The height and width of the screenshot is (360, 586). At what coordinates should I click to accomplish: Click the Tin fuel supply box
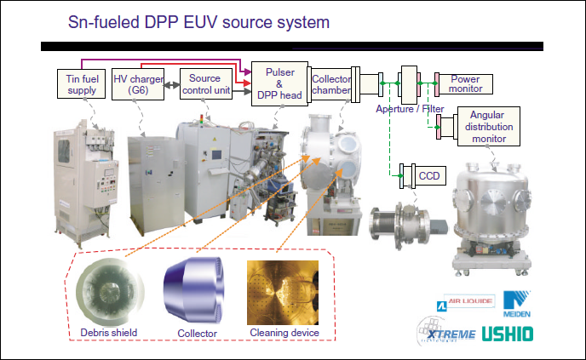(80, 83)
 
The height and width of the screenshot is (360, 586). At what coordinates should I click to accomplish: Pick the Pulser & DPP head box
(279, 84)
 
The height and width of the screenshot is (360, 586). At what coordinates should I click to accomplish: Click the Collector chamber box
(330, 84)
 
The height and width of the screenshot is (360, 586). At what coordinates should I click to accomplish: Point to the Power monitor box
(465, 83)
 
